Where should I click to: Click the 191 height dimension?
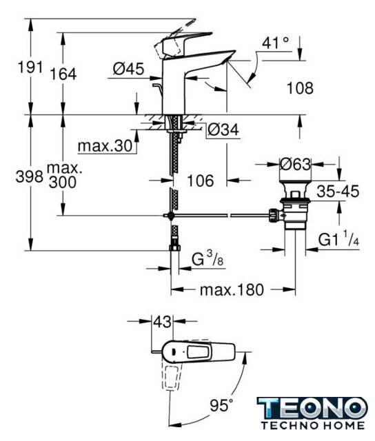coord(30,68)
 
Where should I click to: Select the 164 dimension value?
coord(63,74)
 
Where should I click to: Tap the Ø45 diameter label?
coord(129,69)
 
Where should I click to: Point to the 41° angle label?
coord(276,43)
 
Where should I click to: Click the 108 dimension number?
coord(300,88)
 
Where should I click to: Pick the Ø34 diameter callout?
coord(223,130)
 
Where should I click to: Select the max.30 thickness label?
coord(105,146)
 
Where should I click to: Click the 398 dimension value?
coord(29,176)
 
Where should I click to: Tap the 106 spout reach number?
coord(201,181)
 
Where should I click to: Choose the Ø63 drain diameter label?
coord(296,164)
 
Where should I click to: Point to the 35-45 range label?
coord(338,192)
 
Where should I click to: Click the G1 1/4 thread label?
coord(338,239)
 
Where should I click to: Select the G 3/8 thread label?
coord(207,258)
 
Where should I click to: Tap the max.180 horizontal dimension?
coord(232,289)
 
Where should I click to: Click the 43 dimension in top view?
coord(162,322)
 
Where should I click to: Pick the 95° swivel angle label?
coord(222,405)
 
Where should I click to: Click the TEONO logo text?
coord(312,408)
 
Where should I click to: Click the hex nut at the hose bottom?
coord(174,247)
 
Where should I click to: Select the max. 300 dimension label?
coord(64,175)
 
